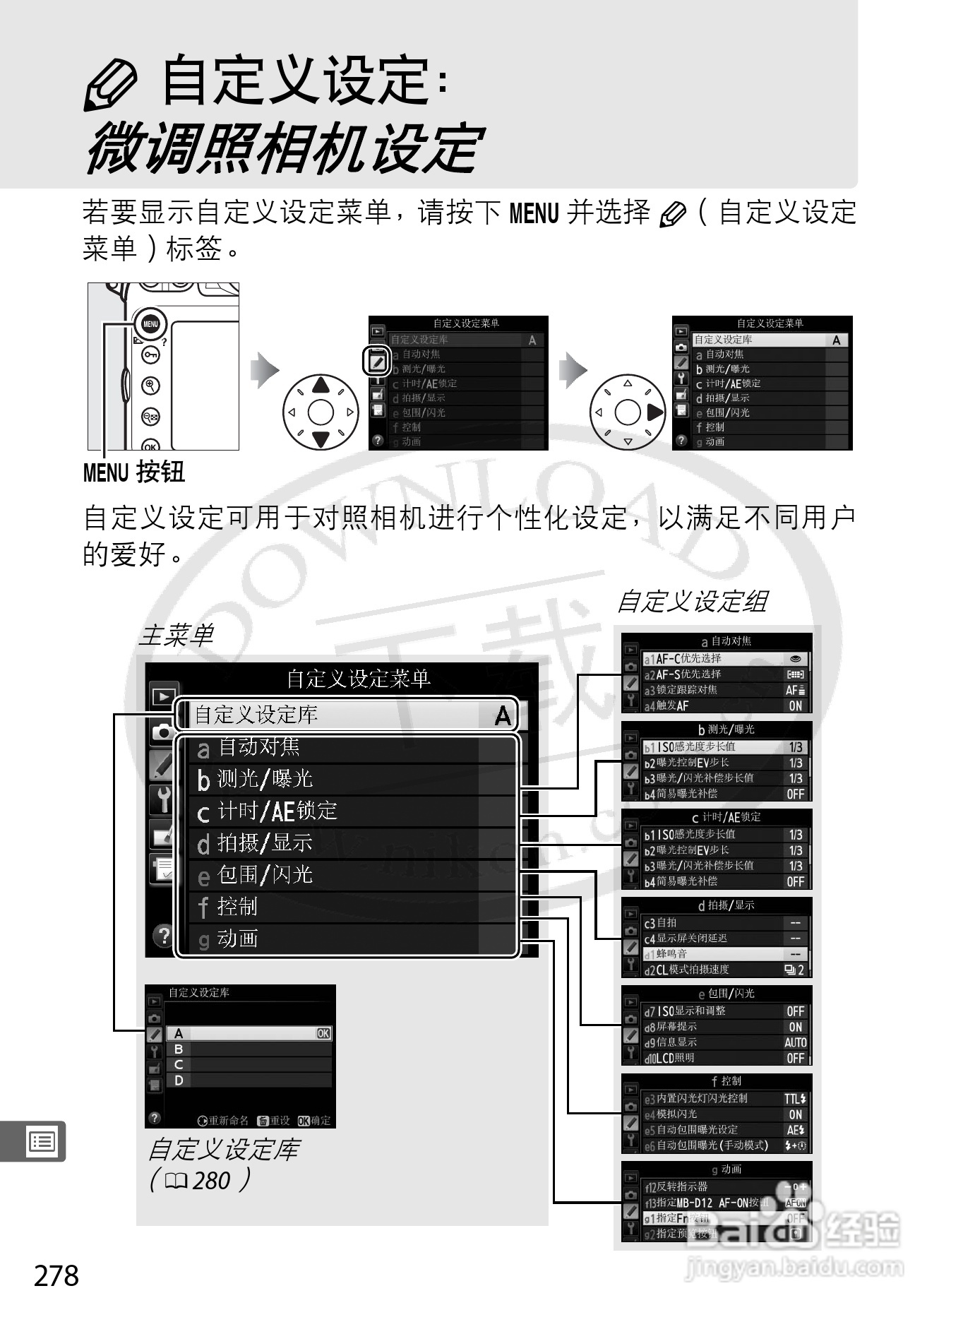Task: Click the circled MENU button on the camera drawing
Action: (x=151, y=324)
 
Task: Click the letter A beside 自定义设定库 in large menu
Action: (x=502, y=715)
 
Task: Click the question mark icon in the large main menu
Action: (x=163, y=936)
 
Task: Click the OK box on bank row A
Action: (x=323, y=1034)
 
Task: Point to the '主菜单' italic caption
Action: (x=176, y=635)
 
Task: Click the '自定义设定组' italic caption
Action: (x=692, y=602)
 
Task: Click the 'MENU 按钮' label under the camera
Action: (x=134, y=472)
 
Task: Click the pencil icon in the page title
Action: (x=109, y=84)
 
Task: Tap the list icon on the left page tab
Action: (x=41, y=1141)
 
